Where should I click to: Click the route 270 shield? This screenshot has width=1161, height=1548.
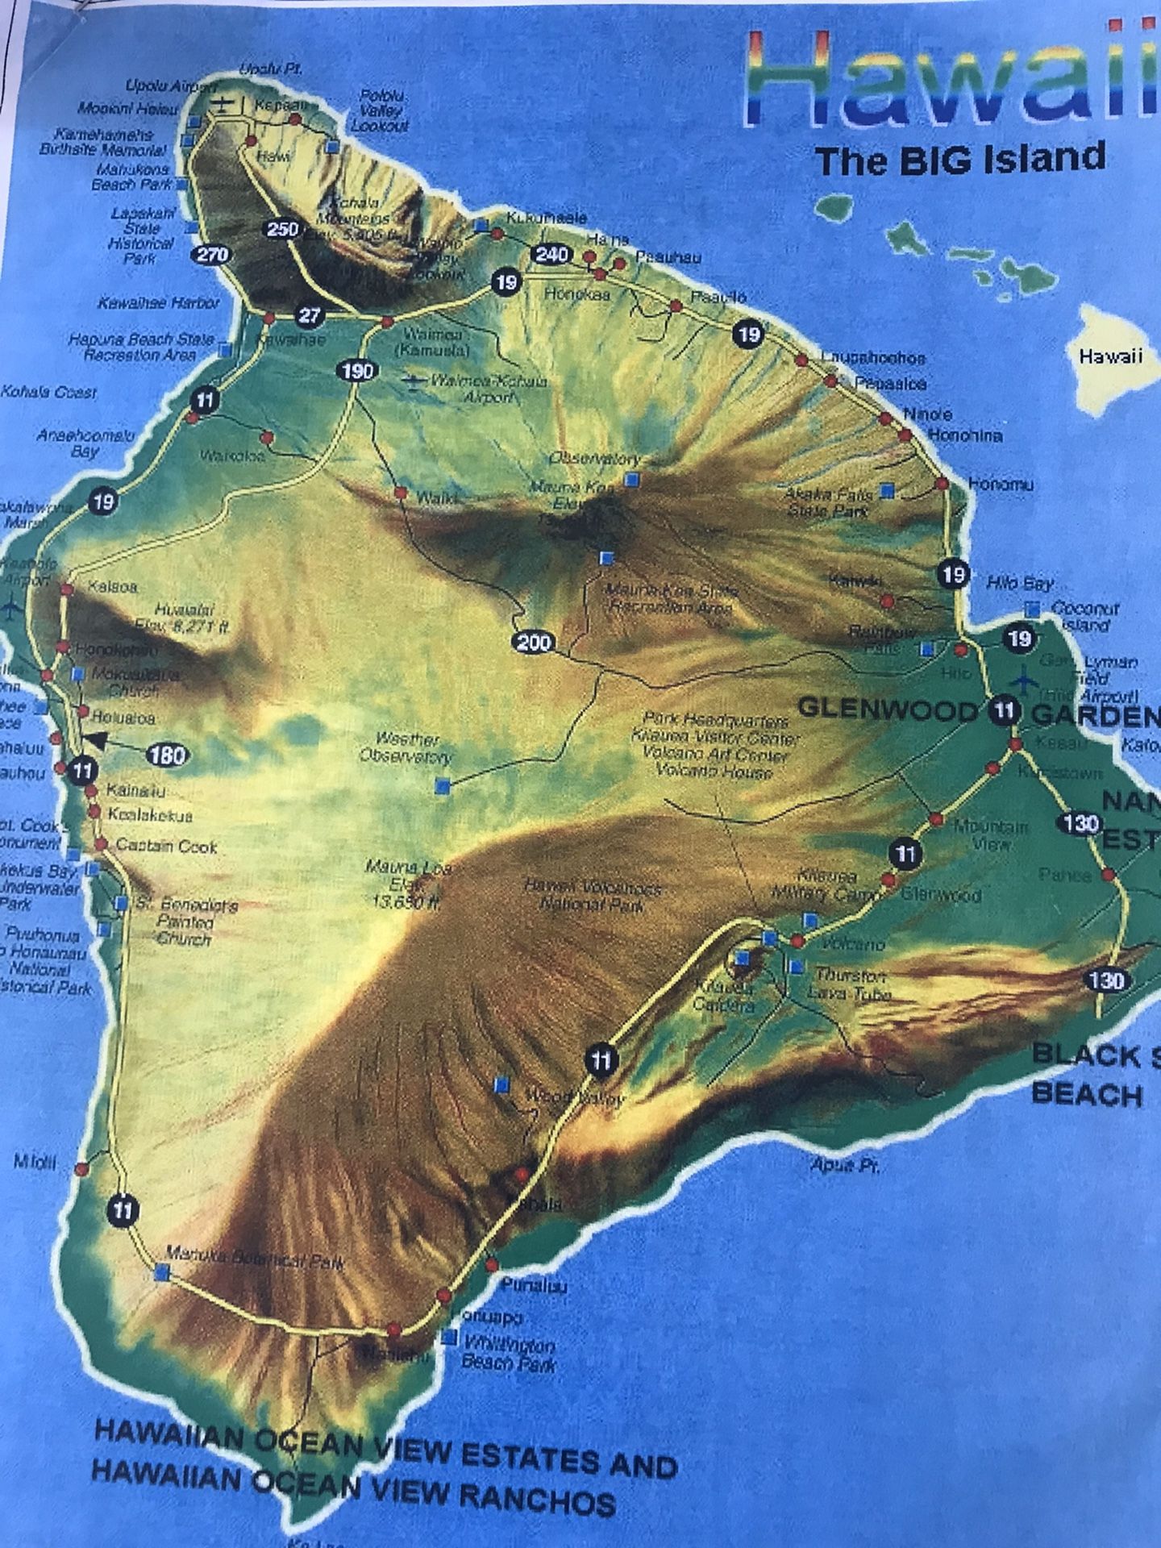pyautogui.click(x=212, y=256)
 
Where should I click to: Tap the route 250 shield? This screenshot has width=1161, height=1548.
pyautogui.click(x=283, y=229)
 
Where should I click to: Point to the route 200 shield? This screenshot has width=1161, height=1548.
pyautogui.click(x=534, y=642)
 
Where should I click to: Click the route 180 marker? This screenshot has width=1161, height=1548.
pyautogui.click(x=168, y=755)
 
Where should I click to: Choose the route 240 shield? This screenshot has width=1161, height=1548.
pyautogui.click(x=552, y=256)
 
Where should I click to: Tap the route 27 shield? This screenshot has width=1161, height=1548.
pyautogui.click(x=309, y=315)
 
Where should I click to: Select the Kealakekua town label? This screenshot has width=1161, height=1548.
pyautogui.click(x=150, y=815)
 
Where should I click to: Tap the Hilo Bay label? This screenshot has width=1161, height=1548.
pyautogui.click(x=1020, y=583)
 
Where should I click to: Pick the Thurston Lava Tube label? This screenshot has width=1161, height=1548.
pyautogui.click(x=852, y=984)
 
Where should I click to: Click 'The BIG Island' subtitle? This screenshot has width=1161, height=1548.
pyautogui.click(x=959, y=158)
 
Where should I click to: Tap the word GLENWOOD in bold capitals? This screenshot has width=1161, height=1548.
pyautogui.click(x=887, y=709)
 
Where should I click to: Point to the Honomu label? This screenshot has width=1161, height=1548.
pyautogui.click(x=1001, y=485)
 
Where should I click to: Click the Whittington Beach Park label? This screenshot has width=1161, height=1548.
pyautogui.click(x=509, y=1354)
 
